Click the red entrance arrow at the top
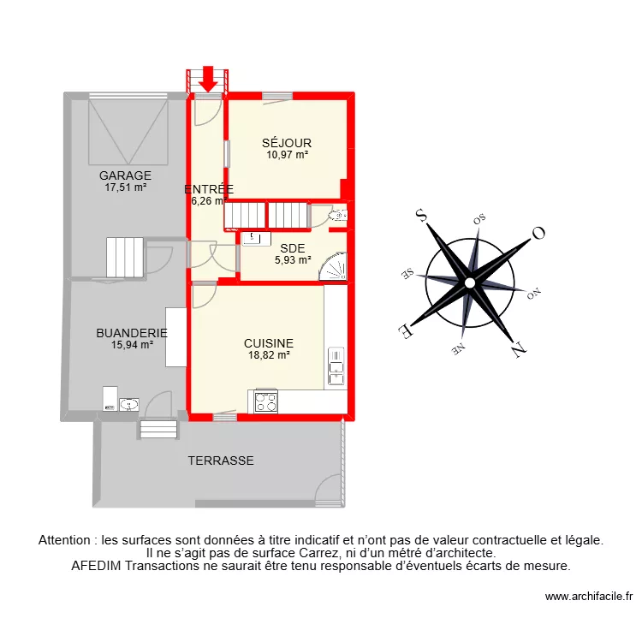click(207, 80)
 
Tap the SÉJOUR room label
click(287, 143)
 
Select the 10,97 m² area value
click(287, 155)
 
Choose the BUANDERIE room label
click(132, 333)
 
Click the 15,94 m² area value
click(132, 345)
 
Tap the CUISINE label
click(269, 342)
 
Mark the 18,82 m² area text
click(269, 354)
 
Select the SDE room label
click(292, 249)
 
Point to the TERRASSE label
click(221, 461)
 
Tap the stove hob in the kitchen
click(266, 401)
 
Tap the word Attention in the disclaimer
click(67, 540)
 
